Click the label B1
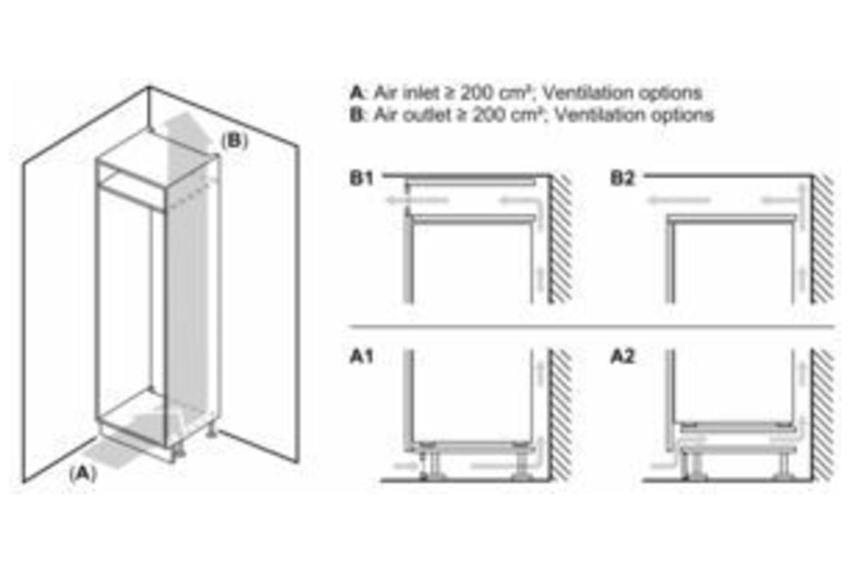361,179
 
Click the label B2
623,179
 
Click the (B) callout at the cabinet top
234,141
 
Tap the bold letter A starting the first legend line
355,93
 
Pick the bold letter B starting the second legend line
355,115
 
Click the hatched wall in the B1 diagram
561,241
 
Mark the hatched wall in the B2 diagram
823,241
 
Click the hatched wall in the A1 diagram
561,414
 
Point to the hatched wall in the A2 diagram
823,414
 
